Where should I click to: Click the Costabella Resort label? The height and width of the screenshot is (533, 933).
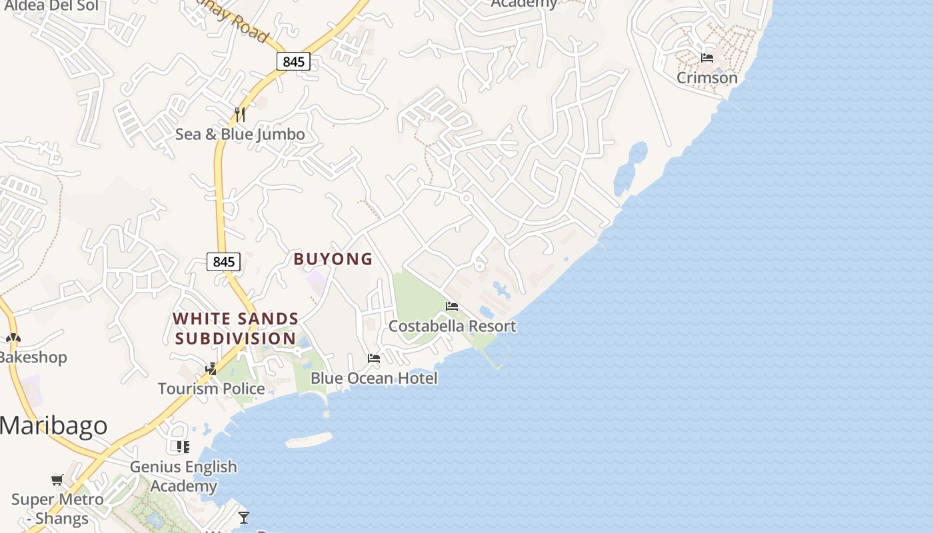[x=452, y=326]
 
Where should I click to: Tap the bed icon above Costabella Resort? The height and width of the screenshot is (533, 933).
[x=452, y=306]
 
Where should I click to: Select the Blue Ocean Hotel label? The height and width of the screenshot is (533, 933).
[x=374, y=378]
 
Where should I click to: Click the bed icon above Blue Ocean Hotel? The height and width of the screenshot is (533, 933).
[x=374, y=358]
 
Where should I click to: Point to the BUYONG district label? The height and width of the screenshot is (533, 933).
[x=333, y=259]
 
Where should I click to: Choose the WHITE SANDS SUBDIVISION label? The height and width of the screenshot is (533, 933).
[x=236, y=328]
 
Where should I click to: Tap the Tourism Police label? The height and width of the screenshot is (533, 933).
[x=211, y=388]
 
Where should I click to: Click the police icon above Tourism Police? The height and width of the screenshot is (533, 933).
[x=211, y=368]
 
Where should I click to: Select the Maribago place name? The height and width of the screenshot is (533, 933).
[x=53, y=426]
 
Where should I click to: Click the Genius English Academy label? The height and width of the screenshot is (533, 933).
[x=183, y=476]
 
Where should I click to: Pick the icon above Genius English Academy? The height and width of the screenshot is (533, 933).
[x=183, y=446]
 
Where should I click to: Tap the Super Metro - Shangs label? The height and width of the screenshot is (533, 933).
[x=58, y=508]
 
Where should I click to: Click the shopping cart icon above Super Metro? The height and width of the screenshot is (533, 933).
[x=57, y=480]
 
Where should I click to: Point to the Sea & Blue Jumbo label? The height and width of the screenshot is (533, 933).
[x=240, y=135]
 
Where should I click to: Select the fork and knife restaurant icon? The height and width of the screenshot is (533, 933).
[x=240, y=115]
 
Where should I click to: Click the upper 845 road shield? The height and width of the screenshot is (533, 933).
[x=293, y=62]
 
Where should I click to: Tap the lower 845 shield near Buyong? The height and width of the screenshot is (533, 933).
[x=223, y=262]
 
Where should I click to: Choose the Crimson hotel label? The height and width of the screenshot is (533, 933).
[x=707, y=78]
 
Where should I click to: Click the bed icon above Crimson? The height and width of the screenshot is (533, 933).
[x=707, y=58]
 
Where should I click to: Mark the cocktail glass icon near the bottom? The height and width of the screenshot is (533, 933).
[x=244, y=517]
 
